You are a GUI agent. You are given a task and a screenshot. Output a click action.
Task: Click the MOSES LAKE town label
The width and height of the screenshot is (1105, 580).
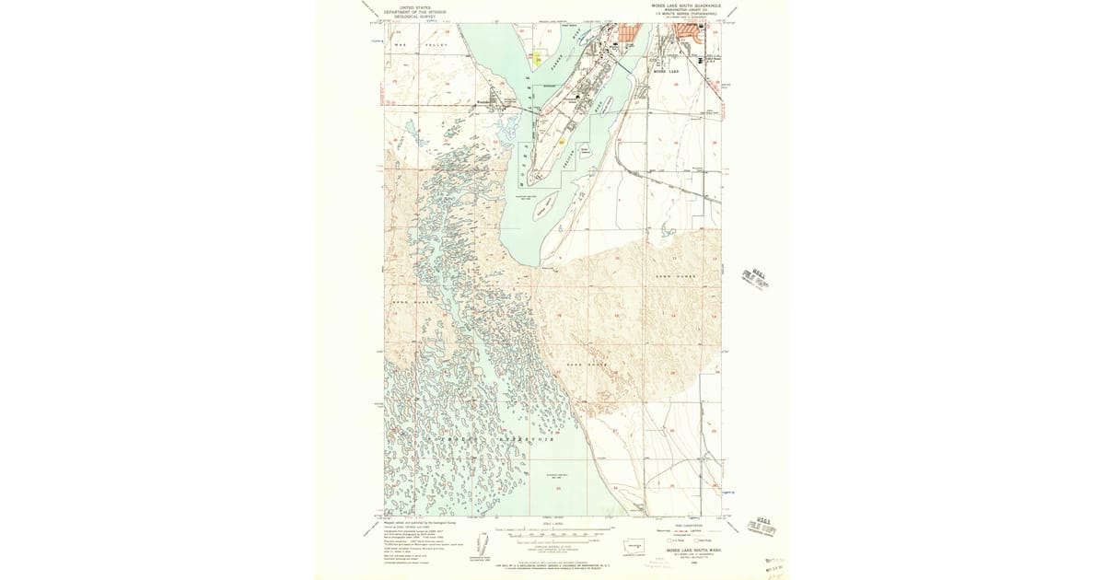click(665, 71)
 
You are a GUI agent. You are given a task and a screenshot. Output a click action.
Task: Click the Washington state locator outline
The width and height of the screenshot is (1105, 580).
click(633, 546)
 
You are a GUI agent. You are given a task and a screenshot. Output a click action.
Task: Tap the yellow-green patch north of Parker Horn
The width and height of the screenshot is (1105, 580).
click(539, 59)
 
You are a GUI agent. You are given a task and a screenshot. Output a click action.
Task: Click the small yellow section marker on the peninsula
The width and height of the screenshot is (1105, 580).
click(561, 142)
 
